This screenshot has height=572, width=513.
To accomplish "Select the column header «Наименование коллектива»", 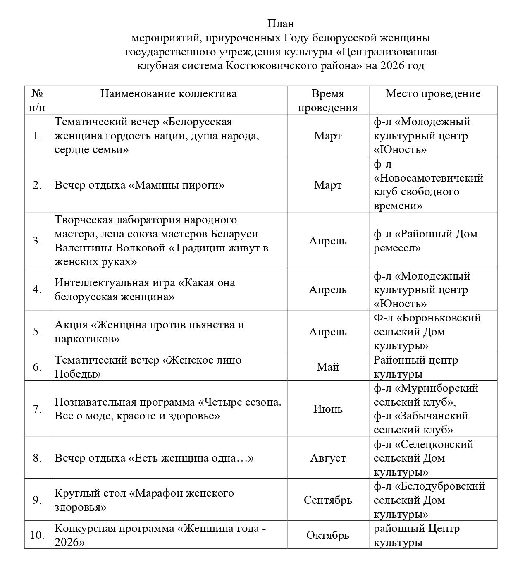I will [x=168, y=94].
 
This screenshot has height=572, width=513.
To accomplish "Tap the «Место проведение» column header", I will [x=433, y=94].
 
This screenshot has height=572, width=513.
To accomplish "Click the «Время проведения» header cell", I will [x=327, y=101].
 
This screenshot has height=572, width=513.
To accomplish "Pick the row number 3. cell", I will [x=37, y=241].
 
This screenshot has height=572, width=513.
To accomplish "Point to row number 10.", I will [x=37, y=535].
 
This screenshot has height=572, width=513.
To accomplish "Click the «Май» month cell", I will [x=327, y=367].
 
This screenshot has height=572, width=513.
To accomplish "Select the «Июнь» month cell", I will [x=327, y=409].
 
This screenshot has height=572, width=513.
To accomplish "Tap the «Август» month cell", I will [x=327, y=458].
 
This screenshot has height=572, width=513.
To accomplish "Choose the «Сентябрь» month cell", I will [x=327, y=500].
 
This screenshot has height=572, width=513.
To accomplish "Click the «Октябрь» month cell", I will [x=327, y=535].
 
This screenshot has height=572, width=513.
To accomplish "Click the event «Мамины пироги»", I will [x=177, y=185].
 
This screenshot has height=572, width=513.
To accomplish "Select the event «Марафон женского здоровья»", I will [x=144, y=500].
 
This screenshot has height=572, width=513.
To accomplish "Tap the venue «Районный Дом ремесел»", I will [x=425, y=241].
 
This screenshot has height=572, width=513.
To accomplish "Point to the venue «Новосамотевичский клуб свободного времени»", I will [x=428, y=185].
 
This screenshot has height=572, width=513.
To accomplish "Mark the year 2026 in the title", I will [x=393, y=66].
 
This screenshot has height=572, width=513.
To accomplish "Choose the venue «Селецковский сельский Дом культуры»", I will [x=423, y=458].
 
